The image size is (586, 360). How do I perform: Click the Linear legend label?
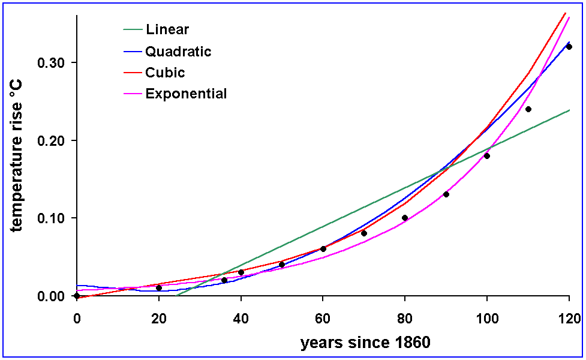pyautogui.click(x=167, y=29)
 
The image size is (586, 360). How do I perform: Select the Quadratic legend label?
pyautogui.click(x=178, y=52)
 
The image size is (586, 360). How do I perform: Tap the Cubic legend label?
pyautogui.click(x=165, y=73)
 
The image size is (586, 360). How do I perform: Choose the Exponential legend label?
pyautogui.click(x=186, y=94)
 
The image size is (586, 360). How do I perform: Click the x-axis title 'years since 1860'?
pyautogui.click(x=365, y=343)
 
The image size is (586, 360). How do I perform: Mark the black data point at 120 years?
pyautogui.click(x=569, y=47)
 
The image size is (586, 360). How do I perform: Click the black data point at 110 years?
pyautogui.click(x=528, y=109)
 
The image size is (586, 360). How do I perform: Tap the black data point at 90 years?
pyautogui.click(x=446, y=194)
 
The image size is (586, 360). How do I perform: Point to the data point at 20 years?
pyautogui.click(x=159, y=288)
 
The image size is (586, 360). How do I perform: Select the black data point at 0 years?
pyautogui.click(x=77, y=296)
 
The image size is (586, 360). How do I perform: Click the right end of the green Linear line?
pyautogui.click(x=569, y=110)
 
